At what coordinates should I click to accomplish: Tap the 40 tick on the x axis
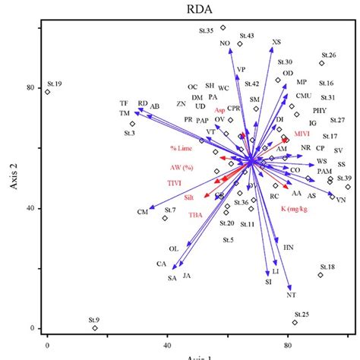166,343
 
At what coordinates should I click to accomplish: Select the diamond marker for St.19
47,92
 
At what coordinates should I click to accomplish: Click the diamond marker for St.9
95,328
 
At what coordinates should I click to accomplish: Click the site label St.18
327,267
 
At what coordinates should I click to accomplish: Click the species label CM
141,212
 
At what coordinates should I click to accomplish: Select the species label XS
276,43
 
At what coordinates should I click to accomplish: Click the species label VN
341,200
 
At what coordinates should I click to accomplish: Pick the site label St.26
328,55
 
